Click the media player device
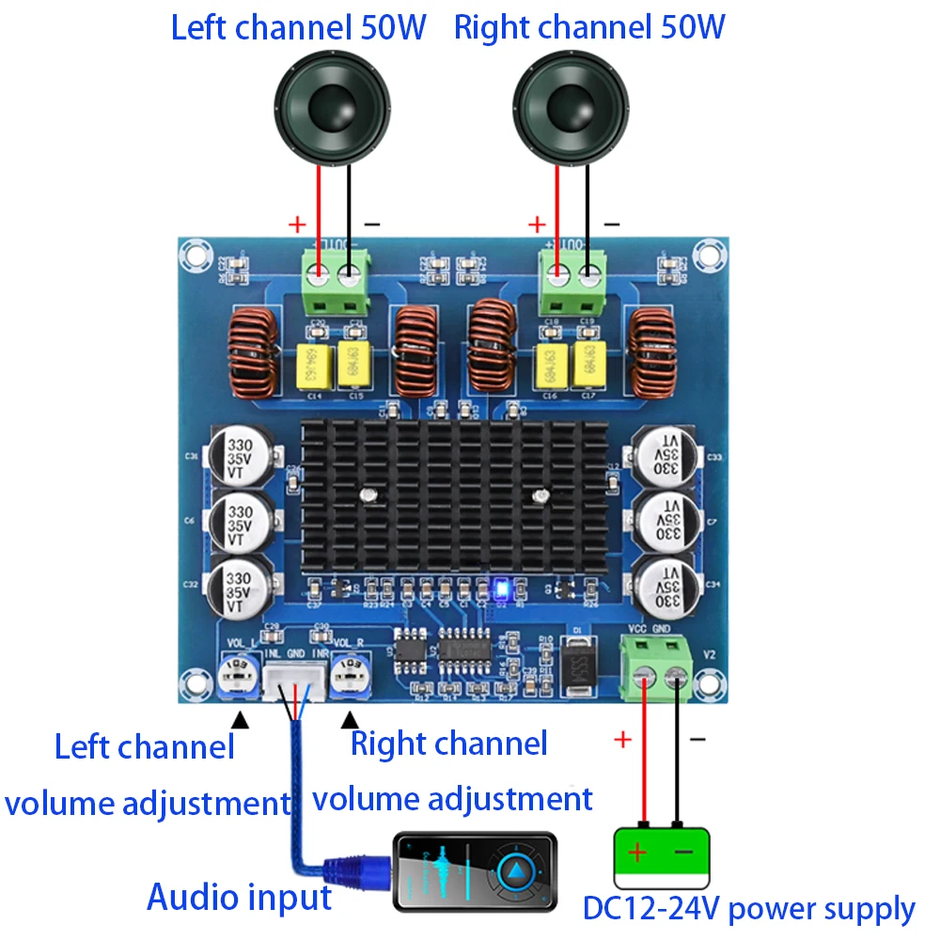click(475, 872)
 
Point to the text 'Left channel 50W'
click(299, 27)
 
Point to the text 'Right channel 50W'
click(589, 27)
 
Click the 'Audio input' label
click(239, 898)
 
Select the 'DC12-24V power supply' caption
click(748, 909)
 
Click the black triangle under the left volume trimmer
click(241, 720)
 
